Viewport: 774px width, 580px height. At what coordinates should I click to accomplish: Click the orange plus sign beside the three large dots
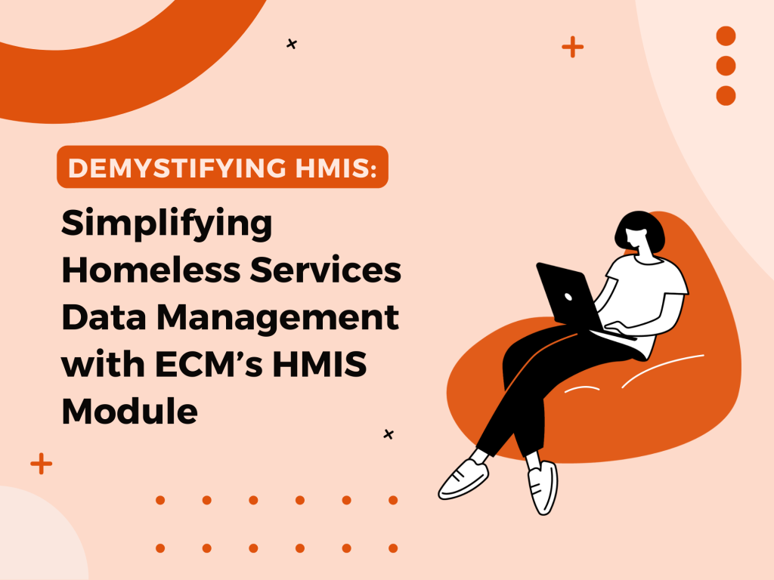pyautogui.click(x=573, y=47)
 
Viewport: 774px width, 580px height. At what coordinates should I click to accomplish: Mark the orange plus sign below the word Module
pyautogui.click(x=42, y=464)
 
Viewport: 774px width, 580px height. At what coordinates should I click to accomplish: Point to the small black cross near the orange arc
pyautogui.click(x=292, y=45)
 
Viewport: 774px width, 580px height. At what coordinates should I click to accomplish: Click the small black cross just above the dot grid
pyautogui.click(x=389, y=434)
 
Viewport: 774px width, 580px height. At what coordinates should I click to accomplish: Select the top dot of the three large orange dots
pyautogui.click(x=726, y=35)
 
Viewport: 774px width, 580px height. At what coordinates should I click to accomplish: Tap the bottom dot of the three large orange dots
pyautogui.click(x=726, y=96)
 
